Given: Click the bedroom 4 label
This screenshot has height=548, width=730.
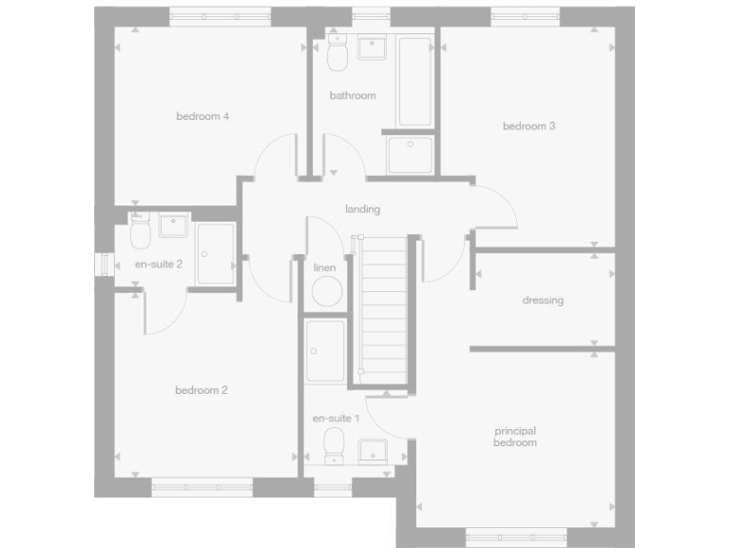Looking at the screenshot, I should [203, 117].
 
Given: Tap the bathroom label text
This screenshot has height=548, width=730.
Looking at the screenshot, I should [353, 95].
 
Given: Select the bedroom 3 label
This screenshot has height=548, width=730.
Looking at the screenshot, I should [528, 126].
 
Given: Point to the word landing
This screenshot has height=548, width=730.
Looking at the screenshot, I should [363, 209].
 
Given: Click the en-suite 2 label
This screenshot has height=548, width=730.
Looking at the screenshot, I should [158, 264].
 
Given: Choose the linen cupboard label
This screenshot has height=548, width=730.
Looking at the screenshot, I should [324, 268].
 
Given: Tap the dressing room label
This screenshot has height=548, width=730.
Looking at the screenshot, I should [543, 301].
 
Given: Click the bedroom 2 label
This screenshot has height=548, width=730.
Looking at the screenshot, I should [202, 390].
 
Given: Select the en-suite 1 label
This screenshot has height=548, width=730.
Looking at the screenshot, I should [336, 419].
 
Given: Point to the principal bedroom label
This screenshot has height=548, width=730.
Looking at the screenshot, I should [515, 437].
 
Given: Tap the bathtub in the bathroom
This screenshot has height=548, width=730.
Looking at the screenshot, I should [414, 82].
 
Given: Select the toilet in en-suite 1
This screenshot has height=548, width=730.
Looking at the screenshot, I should [334, 445].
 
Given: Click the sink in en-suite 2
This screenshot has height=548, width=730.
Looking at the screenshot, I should [174, 225].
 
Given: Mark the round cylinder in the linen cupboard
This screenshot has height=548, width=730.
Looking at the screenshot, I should [325, 292].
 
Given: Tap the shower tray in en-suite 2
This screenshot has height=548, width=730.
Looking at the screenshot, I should [216, 254].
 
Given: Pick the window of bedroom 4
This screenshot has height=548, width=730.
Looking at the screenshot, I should [221, 15].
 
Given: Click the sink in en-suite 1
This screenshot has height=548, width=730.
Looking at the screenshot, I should [373, 449].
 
